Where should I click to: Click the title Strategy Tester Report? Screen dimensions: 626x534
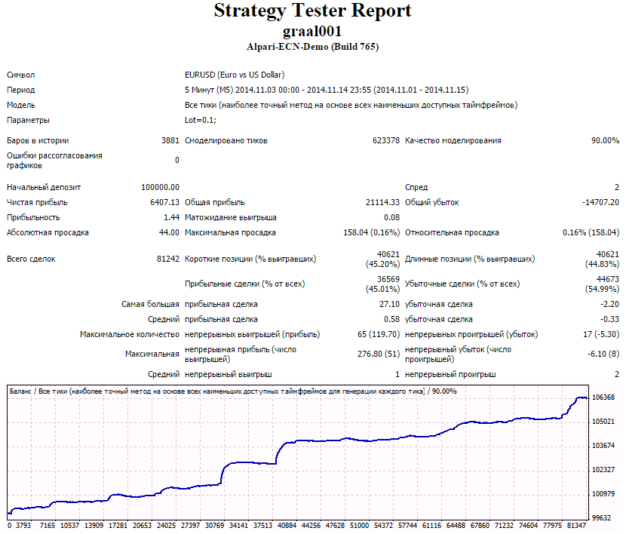[312, 11]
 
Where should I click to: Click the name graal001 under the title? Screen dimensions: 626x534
[312, 31]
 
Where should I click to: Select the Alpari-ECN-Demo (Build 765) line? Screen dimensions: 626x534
[312, 47]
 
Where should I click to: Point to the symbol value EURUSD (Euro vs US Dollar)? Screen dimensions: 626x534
[235, 75]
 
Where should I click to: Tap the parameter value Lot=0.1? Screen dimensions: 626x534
[201, 120]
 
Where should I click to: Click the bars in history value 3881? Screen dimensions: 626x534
[170, 140]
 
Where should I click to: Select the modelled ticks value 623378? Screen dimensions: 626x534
[386, 140]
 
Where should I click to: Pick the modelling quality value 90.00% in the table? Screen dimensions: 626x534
[605, 140]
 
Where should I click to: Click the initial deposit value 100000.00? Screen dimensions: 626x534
[161, 187]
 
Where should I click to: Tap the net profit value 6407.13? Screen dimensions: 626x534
[165, 202]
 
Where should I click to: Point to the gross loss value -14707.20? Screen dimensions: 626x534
[601, 202]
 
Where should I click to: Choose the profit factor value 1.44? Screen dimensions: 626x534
[172, 217]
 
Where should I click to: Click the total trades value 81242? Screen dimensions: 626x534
[168, 259]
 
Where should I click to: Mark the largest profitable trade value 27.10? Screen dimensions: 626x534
[389, 304]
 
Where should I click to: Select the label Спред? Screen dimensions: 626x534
[416, 187]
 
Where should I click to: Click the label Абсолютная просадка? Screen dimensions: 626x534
[48, 232]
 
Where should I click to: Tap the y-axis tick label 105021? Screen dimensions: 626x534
[603, 422]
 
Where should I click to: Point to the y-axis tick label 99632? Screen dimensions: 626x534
[602, 518]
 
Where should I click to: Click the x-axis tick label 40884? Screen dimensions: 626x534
[287, 525]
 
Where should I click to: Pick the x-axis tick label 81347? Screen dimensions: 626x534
[576, 525]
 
